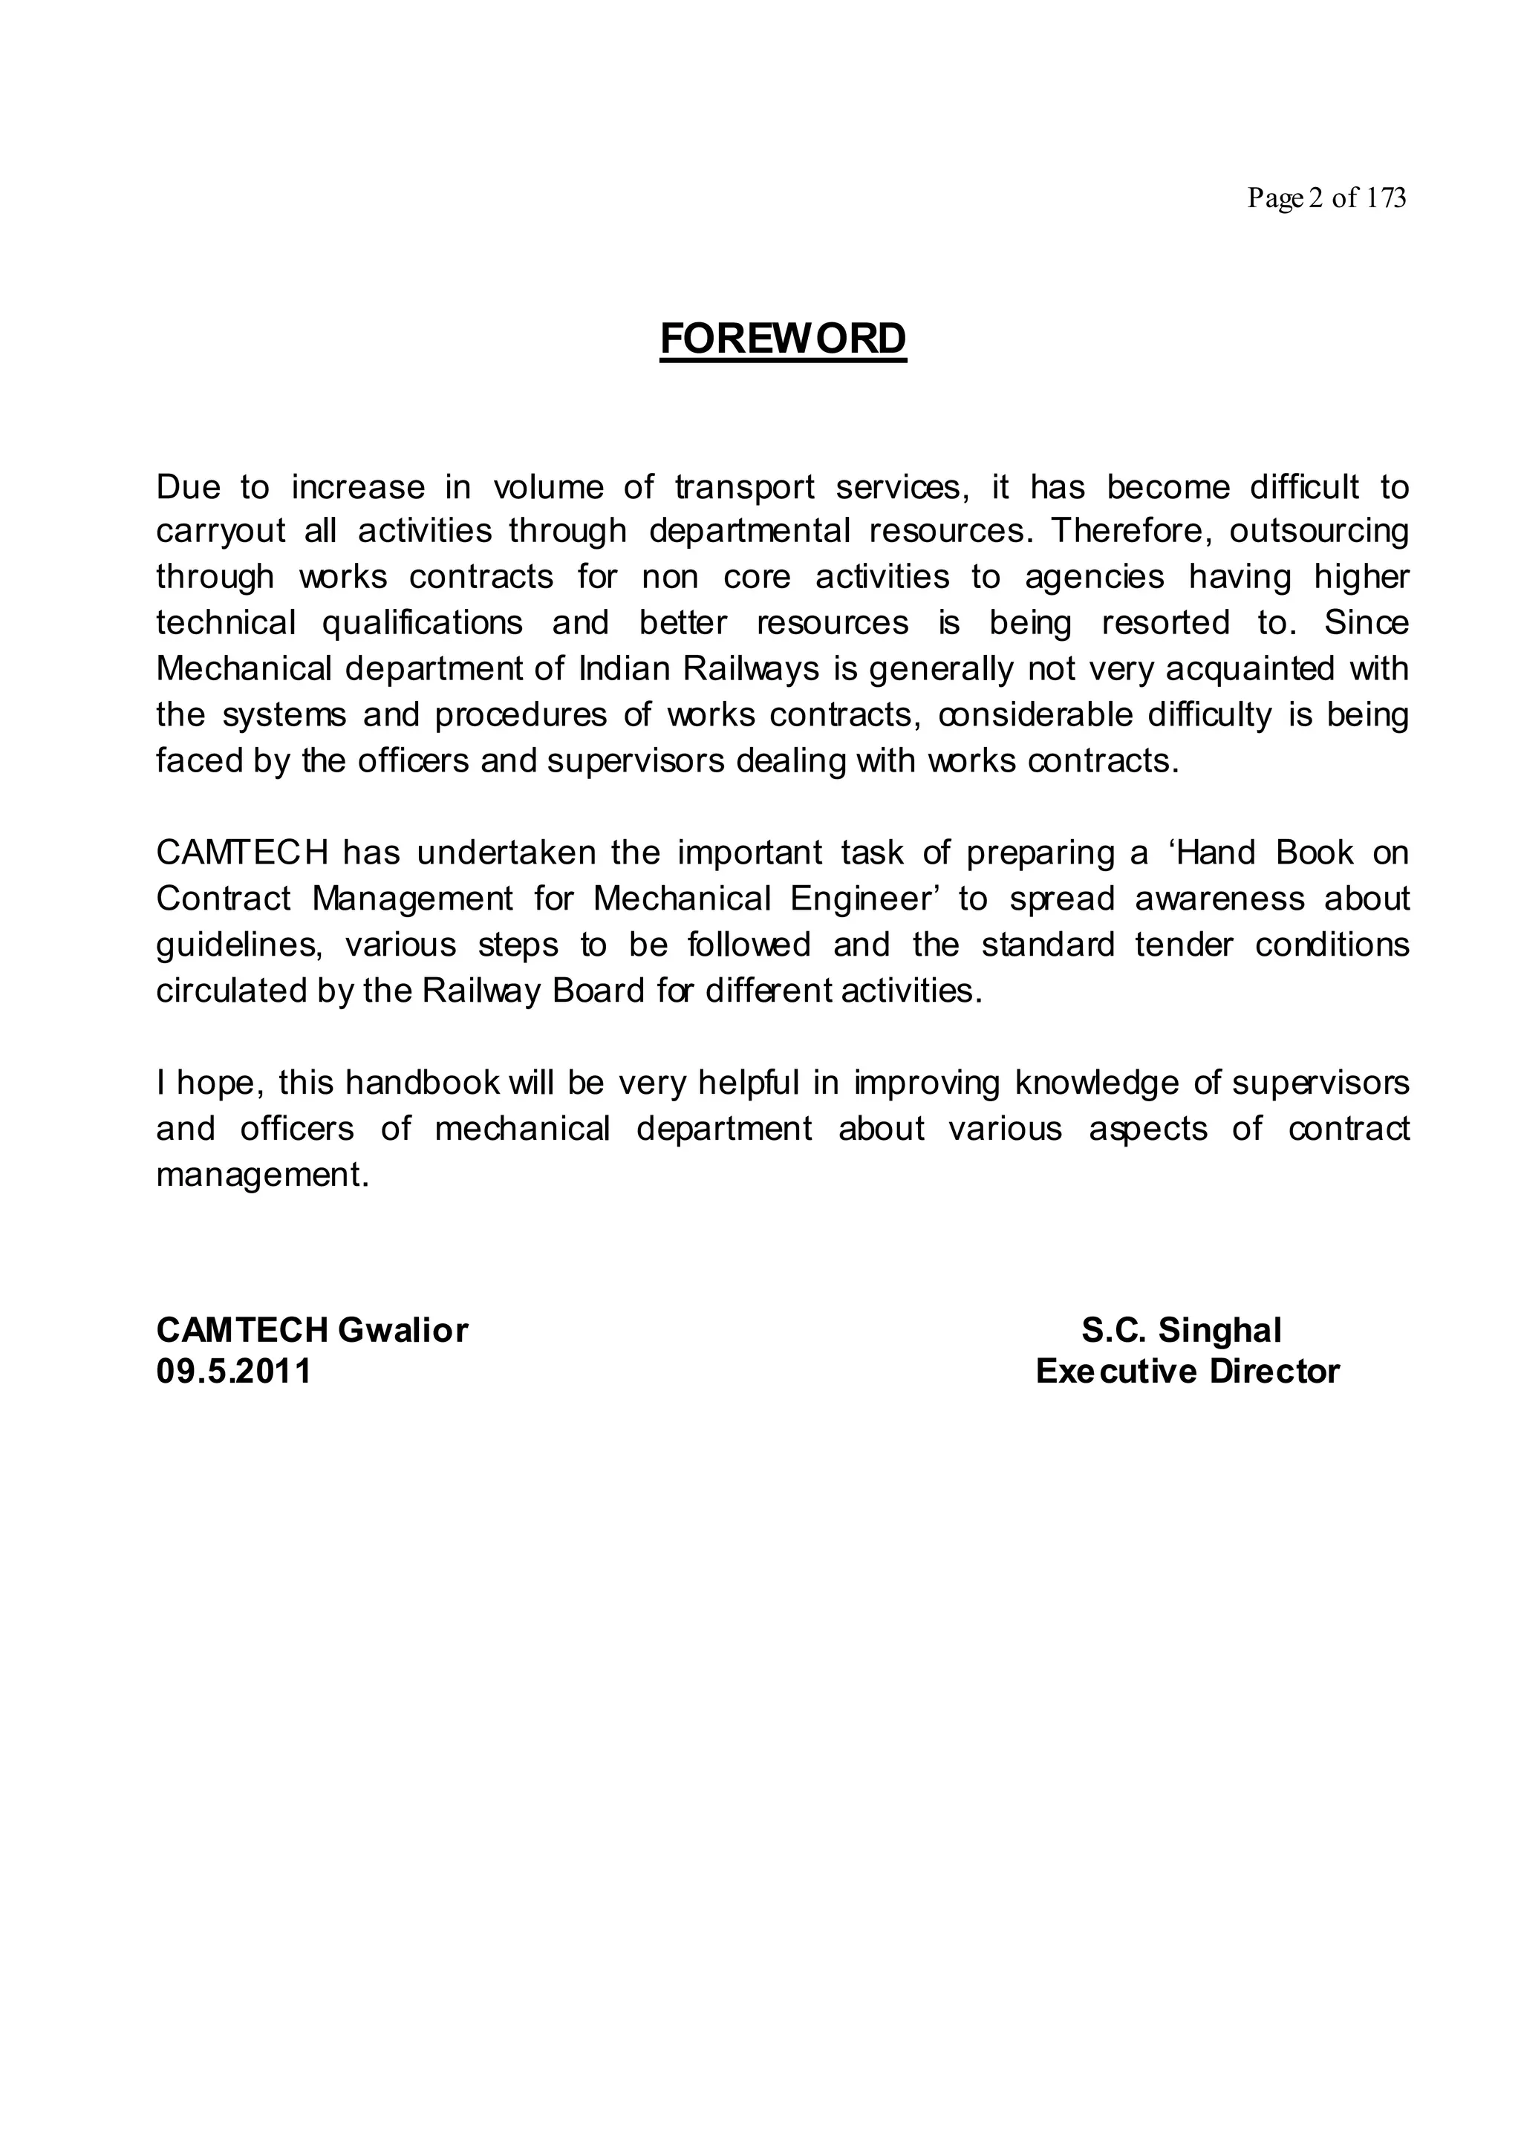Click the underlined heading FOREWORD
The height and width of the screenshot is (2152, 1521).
(x=783, y=339)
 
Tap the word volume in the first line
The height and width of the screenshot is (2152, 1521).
(x=548, y=487)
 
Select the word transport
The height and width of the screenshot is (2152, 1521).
(x=745, y=487)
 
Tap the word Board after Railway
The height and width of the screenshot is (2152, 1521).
(x=598, y=991)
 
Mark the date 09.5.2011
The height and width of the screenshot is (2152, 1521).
(x=233, y=1372)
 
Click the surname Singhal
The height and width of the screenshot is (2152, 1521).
(x=1219, y=1330)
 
